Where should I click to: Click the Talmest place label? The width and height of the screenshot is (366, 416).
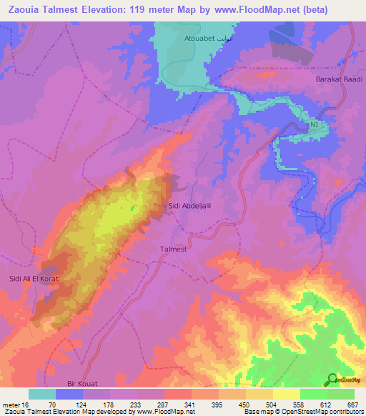(x=172, y=249)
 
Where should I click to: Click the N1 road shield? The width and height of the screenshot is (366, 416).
(x=314, y=126)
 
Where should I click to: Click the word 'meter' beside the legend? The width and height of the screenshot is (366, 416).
(x=13, y=404)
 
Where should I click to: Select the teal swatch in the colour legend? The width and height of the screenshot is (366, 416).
(x=42, y=394)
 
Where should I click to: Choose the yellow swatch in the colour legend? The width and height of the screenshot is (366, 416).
(x=287, y=394)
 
